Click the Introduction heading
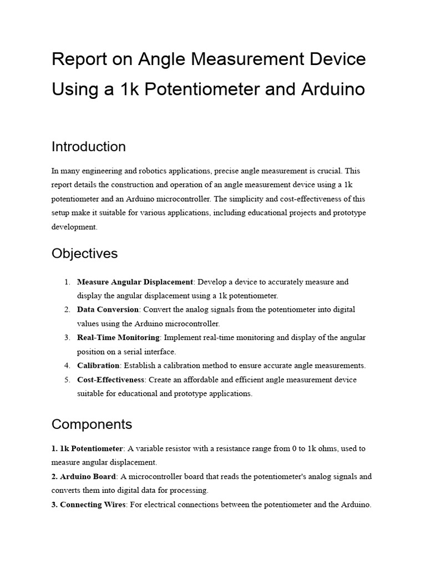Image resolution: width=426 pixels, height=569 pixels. (89, 147)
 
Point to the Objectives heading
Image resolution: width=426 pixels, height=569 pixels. (85, 253)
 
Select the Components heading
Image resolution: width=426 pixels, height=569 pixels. (92, 425)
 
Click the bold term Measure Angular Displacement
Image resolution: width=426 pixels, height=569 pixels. (135, 282)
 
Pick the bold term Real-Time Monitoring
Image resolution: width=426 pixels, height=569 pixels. (118, 337)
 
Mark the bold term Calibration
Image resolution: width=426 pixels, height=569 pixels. (98, 366)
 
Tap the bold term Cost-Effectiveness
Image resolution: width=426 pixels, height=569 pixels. (111, 380)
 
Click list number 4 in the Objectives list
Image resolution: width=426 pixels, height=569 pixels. (67, 366)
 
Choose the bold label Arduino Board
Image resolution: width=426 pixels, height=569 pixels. (84, 476)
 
